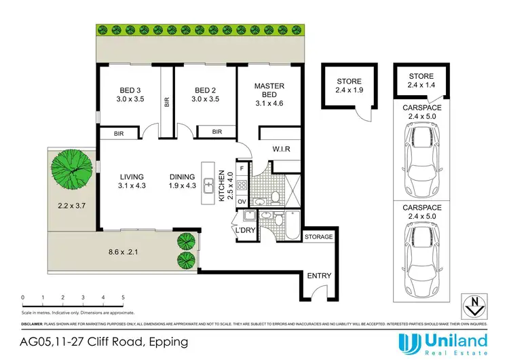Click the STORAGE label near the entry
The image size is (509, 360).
[319, 237]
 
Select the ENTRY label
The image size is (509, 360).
[320, 275]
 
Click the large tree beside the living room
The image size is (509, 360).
[73, 168]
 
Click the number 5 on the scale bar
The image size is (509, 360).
[123, 298]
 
